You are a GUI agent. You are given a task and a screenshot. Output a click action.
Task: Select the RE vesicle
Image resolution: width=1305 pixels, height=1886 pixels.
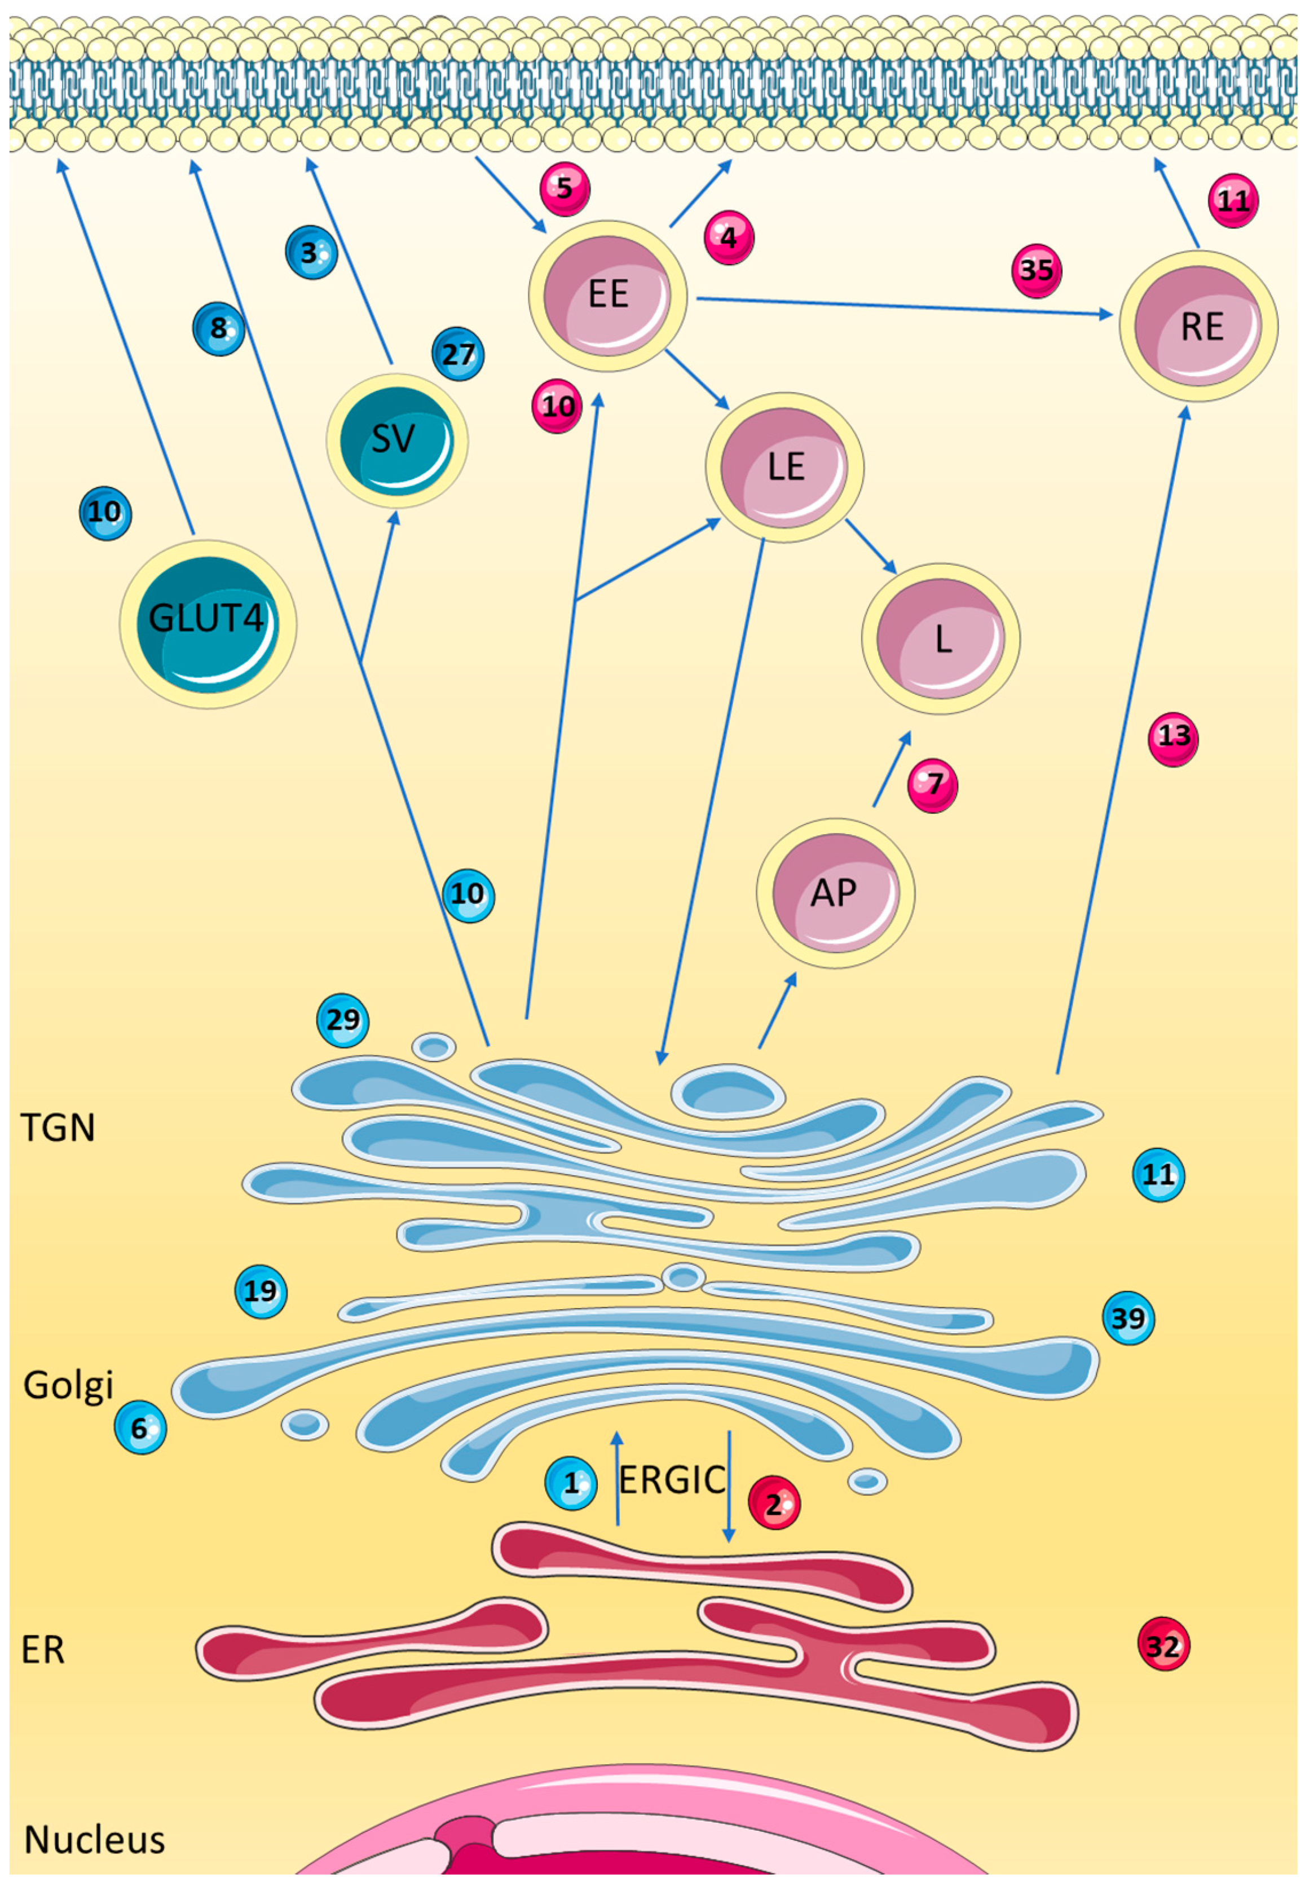(1199, 325)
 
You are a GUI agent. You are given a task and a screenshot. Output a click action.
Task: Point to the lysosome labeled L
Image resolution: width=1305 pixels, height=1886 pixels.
(940, 638)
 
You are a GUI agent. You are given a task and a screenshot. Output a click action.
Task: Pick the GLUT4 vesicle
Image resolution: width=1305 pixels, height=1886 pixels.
(208, 623)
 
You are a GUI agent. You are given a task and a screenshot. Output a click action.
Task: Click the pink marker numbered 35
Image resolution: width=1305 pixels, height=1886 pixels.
(1037, 271)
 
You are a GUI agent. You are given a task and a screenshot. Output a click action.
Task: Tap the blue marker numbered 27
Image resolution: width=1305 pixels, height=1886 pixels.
(458, 355)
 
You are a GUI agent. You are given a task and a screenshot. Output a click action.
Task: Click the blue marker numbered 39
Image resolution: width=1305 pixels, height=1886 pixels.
(1128, 1318)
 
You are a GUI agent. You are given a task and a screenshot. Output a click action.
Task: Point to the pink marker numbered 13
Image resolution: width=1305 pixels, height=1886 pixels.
(1174, 737)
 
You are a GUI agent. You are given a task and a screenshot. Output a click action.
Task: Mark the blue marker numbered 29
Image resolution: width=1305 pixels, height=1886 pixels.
(342, 1020)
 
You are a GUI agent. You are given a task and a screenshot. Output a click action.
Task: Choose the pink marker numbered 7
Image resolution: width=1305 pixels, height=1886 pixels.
(933, 786)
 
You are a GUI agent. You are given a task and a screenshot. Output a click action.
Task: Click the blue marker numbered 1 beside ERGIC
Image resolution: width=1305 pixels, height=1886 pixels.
(571, 1483)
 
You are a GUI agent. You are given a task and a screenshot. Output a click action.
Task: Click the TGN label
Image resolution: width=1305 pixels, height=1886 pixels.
(57, 1128)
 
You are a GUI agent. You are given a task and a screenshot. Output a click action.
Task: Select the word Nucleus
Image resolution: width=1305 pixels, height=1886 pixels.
(94, 1839)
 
